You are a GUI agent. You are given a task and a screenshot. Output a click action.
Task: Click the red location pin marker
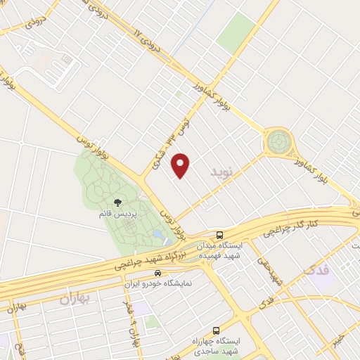click(181, 165)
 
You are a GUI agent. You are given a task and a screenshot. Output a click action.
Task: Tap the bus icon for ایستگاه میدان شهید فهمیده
click(220, 235)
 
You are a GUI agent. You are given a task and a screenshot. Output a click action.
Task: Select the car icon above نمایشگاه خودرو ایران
click(157, 273)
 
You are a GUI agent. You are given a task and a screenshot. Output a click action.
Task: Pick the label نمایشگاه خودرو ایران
click(159, 283)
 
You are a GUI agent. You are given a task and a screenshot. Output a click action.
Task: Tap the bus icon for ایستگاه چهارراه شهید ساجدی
click(215, 330)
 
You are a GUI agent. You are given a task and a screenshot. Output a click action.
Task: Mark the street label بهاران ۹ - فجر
click(128, 323)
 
